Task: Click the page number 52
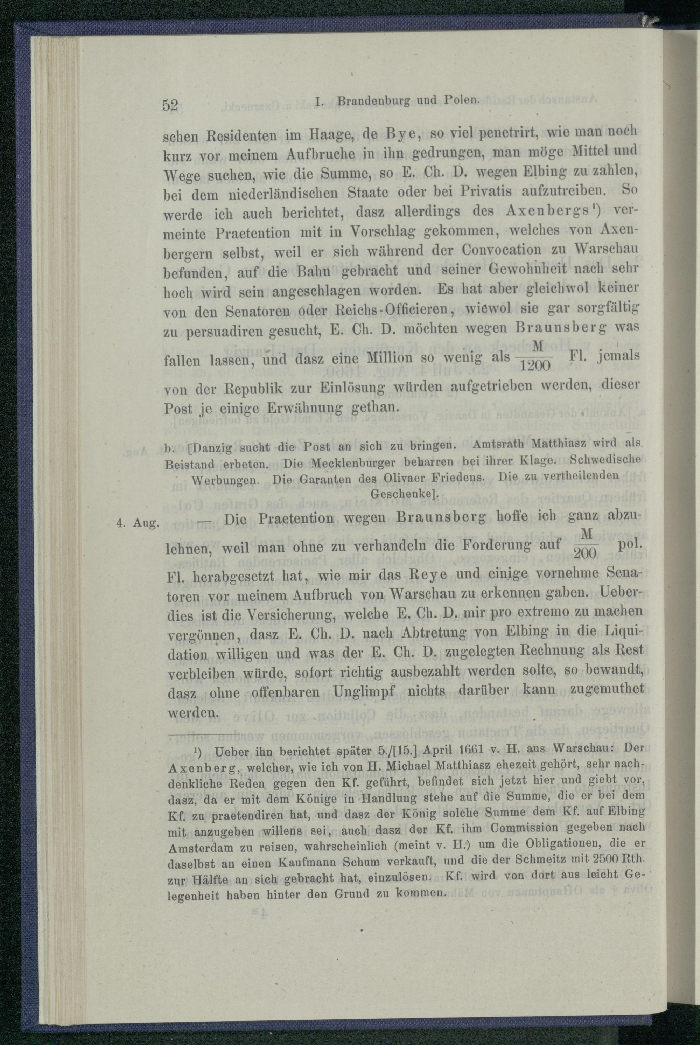coord(170,106)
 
